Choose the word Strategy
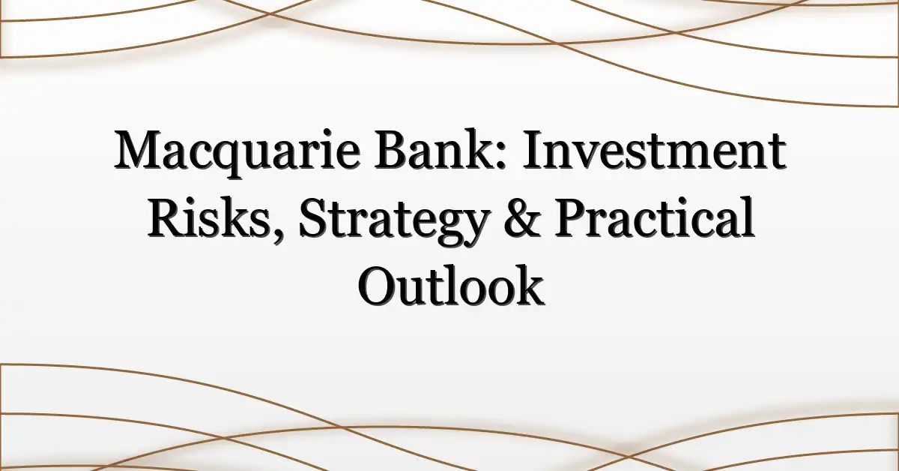tap(393, 220)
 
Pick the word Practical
tap(654, 217)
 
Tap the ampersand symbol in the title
tap(521, 217)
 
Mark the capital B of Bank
tap(391, 149)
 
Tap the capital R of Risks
tap(166, 217)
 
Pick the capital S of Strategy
tap(312, 217)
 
